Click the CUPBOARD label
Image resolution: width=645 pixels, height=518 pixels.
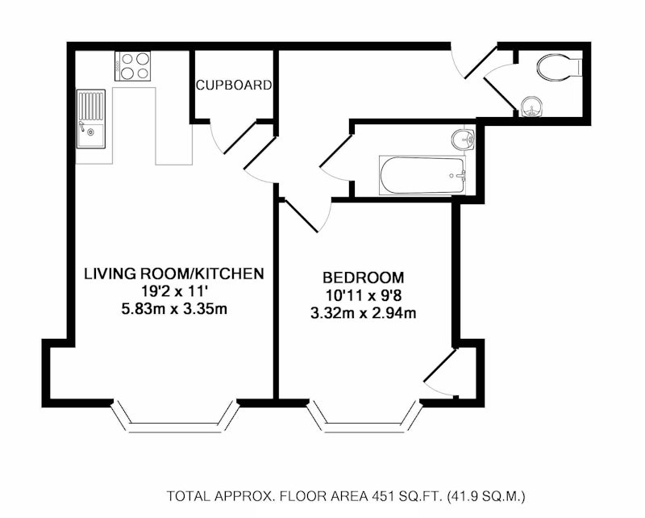click(x=234, y=85)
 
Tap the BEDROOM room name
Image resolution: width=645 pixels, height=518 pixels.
click(x=364, y=278)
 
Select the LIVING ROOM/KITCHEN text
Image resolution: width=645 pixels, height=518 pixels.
click(x=174, y=274)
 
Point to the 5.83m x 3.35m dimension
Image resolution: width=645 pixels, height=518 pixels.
click(x=174, y=309)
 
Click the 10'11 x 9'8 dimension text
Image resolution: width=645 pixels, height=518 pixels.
click(x=364, y=295)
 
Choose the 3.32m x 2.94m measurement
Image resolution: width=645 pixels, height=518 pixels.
click(x=364, y=313)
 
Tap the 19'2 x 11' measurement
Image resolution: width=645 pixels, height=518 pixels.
click(x=174, y=291)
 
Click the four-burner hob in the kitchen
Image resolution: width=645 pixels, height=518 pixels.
click(x=132, y=66)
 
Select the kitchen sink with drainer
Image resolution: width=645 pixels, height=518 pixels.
click(x=91, y=119)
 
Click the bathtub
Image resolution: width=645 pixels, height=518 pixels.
click(x=422, y=175)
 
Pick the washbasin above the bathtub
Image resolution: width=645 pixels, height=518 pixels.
click(x=463, y=139)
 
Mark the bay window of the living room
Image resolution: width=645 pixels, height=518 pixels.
click(x=175, y=416)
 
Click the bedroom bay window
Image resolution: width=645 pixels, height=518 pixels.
click(x=364, y=416)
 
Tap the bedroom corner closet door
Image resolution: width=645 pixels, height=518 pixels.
click(x=441, y=373)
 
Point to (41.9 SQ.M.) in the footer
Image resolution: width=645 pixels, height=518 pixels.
click(x=487, y=495)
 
